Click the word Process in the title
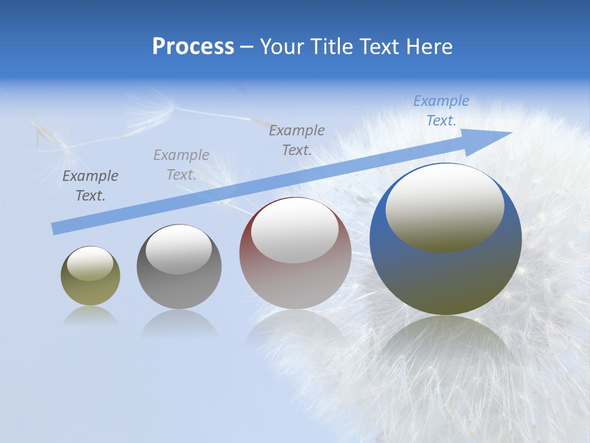point(193,47)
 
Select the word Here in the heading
point(430,47)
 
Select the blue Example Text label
point(441,111)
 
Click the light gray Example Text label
point(181,164)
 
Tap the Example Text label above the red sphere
point(297,140)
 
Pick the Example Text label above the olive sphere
point(90,186)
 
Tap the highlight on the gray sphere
point(179,249)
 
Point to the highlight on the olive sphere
point(90,263)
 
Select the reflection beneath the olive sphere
point(90,315)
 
